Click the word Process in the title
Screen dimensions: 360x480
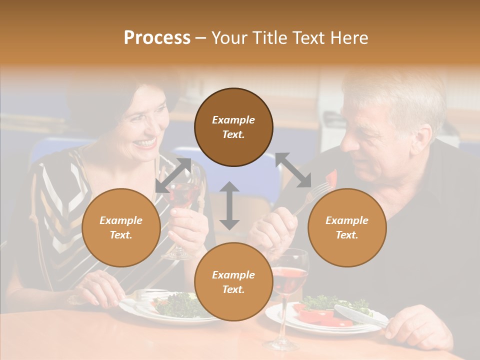[157, 38]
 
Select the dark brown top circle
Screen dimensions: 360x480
[233, 127]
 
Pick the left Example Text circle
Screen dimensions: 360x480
[121, 227]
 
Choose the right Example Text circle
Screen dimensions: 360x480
[347, 227]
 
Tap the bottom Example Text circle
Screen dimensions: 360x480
[233, 282]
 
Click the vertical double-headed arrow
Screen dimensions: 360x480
[229, 205]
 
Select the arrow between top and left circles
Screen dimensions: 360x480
[173, 175]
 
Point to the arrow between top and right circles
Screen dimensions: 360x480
[293, 170]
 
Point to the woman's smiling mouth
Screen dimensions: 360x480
[146, 143]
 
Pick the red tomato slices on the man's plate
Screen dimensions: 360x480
[320, 317]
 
